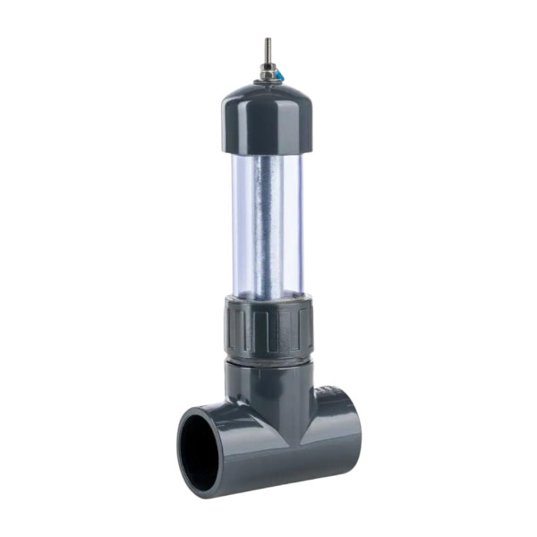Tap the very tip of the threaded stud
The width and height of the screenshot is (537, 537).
[x=267, y=38]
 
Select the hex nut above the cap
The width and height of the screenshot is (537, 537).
[x=267, y=70]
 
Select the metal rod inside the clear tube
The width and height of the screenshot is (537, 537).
[x=268, y=224]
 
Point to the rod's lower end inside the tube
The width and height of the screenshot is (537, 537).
[x=269, y=292]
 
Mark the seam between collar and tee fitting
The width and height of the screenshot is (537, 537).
[x=268, y=360]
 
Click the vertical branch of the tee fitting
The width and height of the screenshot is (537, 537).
[x=268, y=385]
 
